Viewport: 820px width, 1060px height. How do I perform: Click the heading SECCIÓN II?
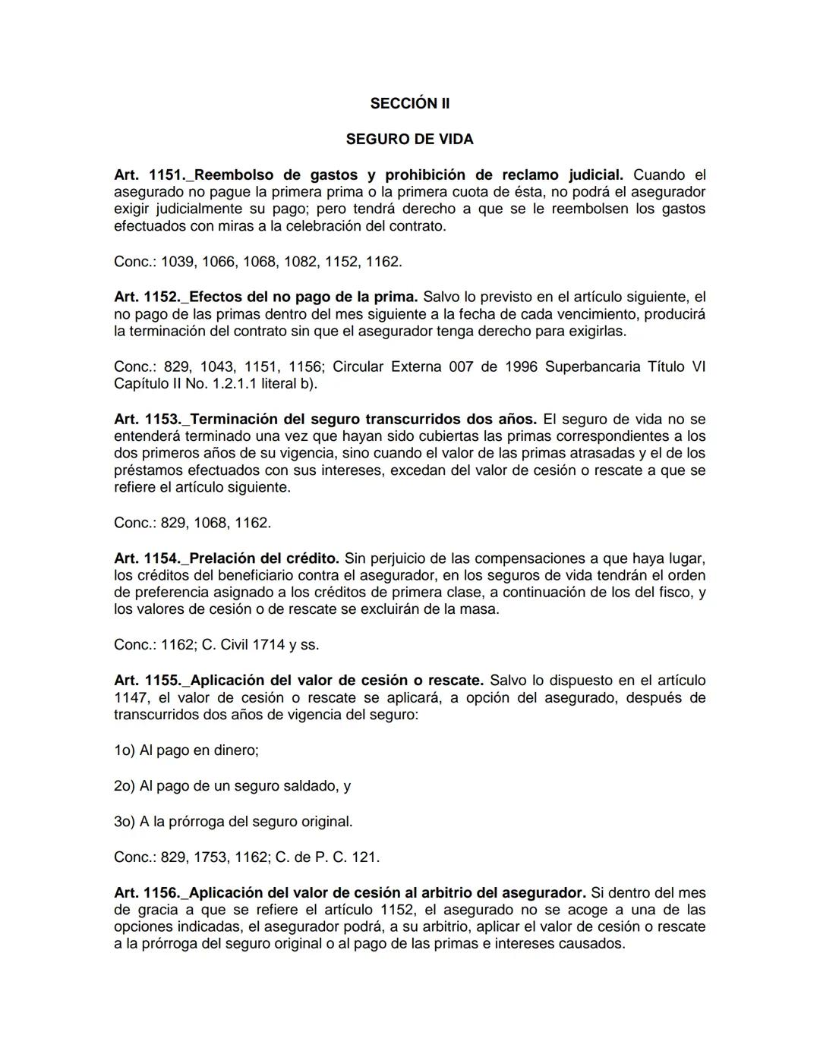pos(409,103)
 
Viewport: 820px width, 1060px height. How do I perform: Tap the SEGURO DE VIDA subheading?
pos(409,139)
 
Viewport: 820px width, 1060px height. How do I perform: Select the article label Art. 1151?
pos(147,175)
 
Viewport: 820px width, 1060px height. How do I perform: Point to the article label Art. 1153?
pos(147,419)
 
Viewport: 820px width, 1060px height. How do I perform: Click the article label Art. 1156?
pos(147,892)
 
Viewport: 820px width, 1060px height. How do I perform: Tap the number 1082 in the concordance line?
pos(301,262)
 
